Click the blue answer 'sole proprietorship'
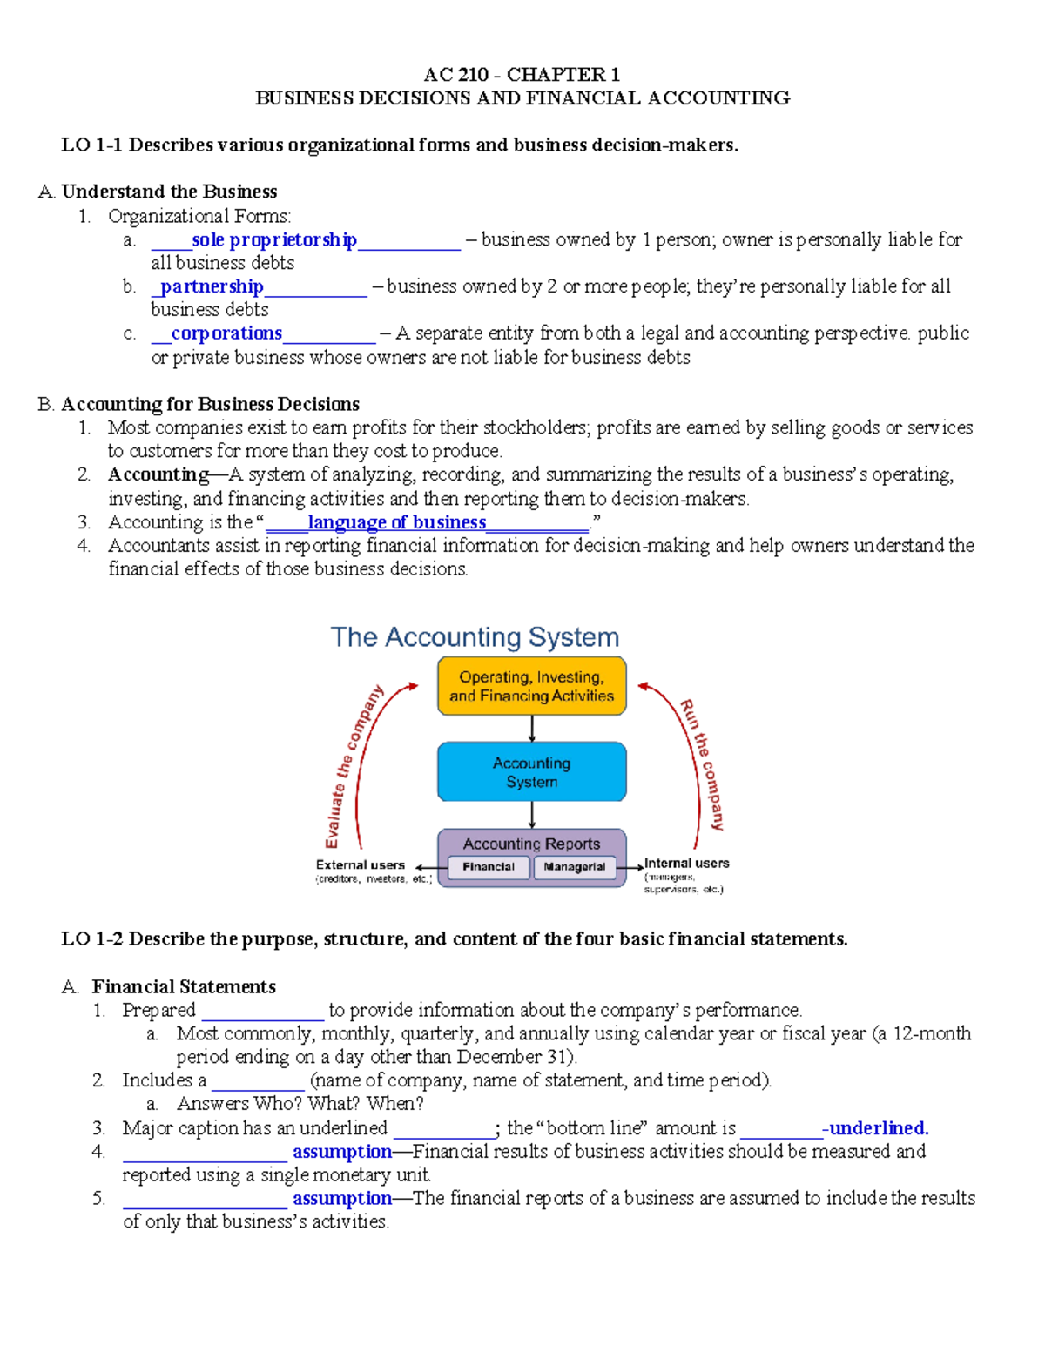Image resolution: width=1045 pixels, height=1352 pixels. point(273,239)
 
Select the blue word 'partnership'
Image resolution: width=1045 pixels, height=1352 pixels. point(212,286)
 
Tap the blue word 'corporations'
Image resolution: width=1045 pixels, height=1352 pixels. point(226,333)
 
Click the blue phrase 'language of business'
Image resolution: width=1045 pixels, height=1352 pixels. point(396,522)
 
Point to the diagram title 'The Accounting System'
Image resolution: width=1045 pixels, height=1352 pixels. point(475,637)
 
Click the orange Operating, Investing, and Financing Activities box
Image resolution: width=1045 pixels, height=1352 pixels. point(531,686)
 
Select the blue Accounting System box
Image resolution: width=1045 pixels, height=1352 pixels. point(531,772)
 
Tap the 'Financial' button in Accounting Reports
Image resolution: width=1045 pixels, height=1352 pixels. point(488,867)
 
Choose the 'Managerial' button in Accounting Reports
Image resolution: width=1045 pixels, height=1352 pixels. point(574,867)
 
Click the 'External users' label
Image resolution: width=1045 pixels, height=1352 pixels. point(360,865)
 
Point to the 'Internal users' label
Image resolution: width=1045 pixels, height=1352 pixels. point(686,864)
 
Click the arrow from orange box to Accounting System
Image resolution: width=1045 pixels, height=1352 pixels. point(531,729)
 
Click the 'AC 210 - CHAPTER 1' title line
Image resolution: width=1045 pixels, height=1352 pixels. point(522,75)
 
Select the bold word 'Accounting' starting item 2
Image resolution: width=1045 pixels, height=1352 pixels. point(158,474)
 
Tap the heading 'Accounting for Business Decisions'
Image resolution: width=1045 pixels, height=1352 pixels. point(210,404)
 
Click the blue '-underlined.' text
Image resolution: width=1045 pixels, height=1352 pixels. point(877,1128)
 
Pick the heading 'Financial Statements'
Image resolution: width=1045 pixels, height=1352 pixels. point(184,986)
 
